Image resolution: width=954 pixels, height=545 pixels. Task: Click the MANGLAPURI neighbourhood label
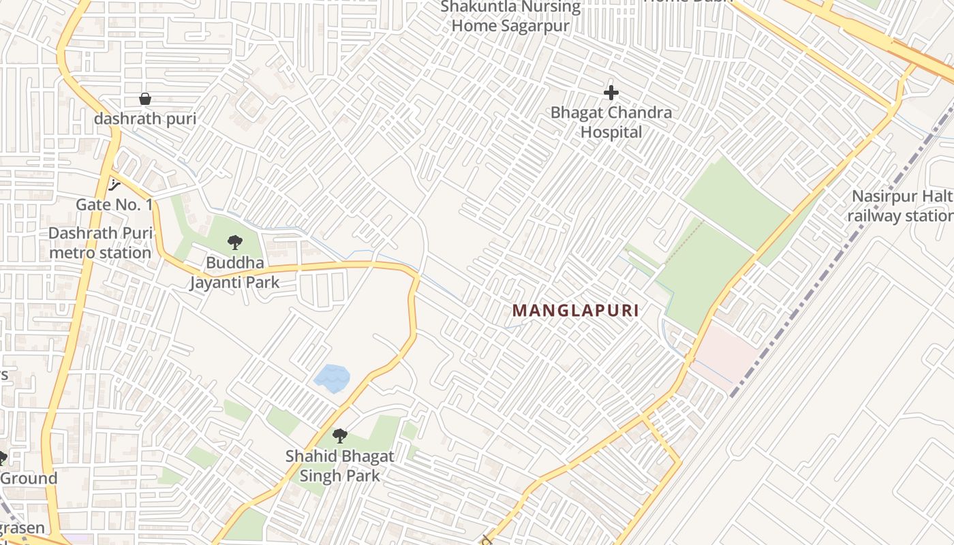tap(576, 311)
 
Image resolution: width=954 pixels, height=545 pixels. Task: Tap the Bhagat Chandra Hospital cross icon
tap(611, 93)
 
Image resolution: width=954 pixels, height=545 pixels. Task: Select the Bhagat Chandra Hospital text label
tap(611, 122)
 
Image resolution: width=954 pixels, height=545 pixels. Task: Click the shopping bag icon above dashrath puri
tap(145, 99)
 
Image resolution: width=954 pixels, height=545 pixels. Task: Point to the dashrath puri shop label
tap(145, 119)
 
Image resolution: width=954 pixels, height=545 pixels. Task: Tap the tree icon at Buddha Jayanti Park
tap(235, 242)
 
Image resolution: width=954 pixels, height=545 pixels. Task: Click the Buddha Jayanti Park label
tap(234, 272)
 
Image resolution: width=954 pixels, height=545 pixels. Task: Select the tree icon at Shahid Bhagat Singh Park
tap(339, 436)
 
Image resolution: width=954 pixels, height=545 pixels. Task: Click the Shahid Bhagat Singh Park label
tap(339, 466)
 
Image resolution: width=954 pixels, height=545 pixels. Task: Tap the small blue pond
tap(332, 379)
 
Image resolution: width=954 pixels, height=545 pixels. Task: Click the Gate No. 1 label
tap(114, 204)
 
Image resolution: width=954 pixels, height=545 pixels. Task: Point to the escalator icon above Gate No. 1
tap(114, 184)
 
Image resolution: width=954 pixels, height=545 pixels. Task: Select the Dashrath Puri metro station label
tap(99, 243)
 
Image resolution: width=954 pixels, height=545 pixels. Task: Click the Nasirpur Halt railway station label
tap(899, 206)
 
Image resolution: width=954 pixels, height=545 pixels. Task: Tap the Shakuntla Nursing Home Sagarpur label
tap(510, 17)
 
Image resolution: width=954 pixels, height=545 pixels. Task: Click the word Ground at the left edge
tap(29, 478)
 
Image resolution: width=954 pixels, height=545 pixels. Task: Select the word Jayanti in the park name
tap(215, 282)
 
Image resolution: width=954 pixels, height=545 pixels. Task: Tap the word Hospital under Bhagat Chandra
tap(611, 132)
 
